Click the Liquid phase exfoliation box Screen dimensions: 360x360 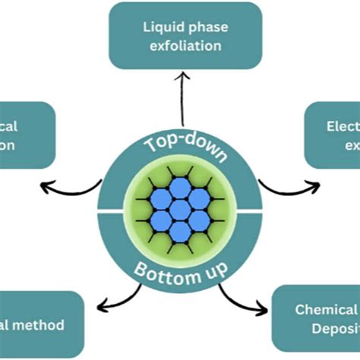click(185, 36)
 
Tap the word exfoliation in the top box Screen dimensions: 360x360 click(186, 46)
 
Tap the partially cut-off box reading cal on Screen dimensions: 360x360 click(27, 134)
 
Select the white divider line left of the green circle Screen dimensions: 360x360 click(111, 210)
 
